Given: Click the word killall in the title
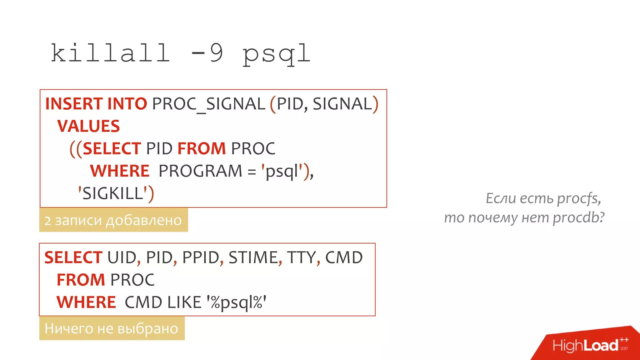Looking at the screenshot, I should [x=110, y=53].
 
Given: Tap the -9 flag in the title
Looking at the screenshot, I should [x=207, y=53].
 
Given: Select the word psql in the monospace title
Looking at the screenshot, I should [x=276, y=55].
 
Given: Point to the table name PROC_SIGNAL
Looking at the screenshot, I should [x=208, y=104].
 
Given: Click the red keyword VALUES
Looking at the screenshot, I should [x=88, y=126].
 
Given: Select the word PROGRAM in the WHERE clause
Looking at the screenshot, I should [x=200, y=171].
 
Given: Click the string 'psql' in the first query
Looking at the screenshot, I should [x=282, y=171].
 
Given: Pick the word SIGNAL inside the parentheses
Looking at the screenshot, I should [x=342, y=104].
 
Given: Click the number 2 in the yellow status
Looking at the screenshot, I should [x=47, y=221].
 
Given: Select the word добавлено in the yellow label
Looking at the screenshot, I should [x=144, y=221].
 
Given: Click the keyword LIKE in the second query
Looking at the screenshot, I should [x=184, y=302].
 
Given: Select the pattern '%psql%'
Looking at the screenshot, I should [x=236, y=302].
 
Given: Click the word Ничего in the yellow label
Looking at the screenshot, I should [x=69, y=328].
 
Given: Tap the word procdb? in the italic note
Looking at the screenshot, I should [x=578, y=217].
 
